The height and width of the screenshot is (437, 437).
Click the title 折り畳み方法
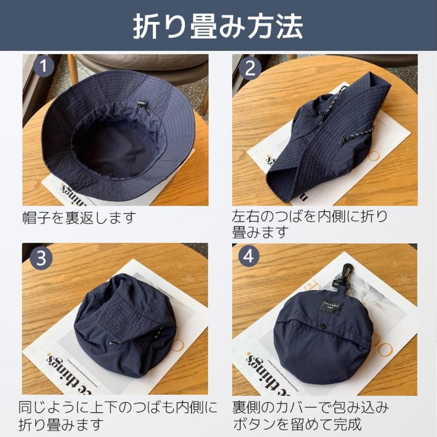pos(218,25)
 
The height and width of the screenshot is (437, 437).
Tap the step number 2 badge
pos(250,68)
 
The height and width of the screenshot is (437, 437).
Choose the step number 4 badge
pos(249,257)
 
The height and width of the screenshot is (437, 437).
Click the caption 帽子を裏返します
pos(79,217)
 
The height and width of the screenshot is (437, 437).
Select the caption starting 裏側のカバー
pos(311,415)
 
